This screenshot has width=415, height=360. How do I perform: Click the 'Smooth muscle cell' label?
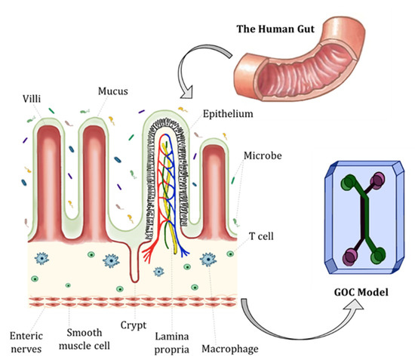pyautogui.click(x=81, y=338)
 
